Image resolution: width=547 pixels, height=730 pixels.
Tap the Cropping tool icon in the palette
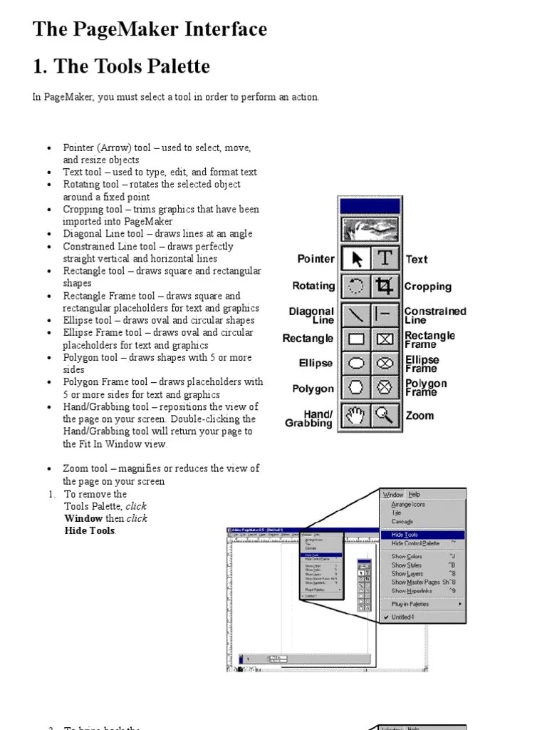385,287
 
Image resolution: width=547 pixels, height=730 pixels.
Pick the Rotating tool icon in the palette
356,287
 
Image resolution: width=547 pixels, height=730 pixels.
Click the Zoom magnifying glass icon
385,415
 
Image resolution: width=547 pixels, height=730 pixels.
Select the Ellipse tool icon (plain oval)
356,364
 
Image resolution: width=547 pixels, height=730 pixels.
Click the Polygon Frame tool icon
385,389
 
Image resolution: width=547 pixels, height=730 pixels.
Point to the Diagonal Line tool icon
356,313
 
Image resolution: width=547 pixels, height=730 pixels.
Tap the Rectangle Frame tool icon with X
385,339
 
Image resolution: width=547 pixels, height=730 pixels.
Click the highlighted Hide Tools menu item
405,535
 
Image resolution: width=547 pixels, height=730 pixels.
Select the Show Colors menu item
407,556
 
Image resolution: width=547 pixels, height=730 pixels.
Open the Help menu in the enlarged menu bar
414,494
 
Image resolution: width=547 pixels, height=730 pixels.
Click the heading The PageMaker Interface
150,29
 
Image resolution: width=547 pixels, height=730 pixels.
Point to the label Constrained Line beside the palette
434,315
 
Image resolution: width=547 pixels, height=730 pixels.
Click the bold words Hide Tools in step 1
89,530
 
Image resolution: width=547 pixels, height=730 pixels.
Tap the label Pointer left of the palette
316,259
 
